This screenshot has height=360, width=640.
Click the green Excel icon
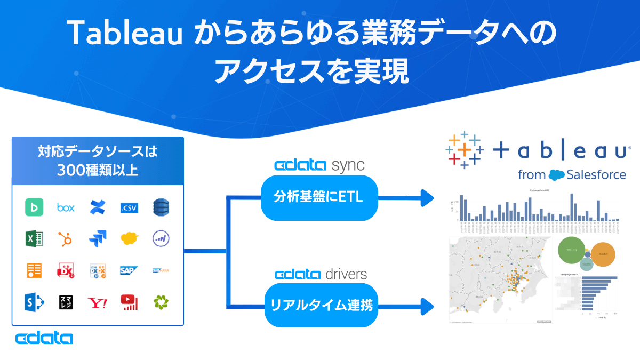click(x=34, y=238)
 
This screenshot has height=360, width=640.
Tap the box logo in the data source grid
click(x=66, y=207)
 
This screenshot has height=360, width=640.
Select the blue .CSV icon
click(x=129, y=207)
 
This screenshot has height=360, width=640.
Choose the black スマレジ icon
click(x=66, y=302)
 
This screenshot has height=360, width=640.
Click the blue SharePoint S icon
click(x=34, y=302)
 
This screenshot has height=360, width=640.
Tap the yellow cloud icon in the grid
click(x=129, y=238)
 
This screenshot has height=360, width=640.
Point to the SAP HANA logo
click(x=161, y=270)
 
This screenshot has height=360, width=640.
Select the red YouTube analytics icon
click(x=129, y=302)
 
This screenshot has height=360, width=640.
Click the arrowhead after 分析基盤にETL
click(x=427, y=198)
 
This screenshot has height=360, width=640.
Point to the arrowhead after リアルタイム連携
click(x=427, y=307)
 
